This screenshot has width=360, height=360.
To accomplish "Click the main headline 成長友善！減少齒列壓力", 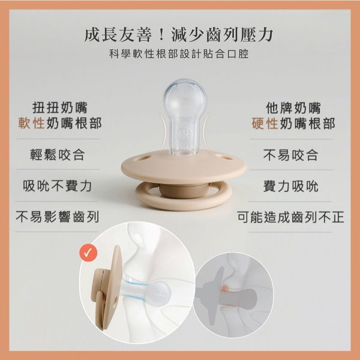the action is pyautogui.click(x=179, y=35).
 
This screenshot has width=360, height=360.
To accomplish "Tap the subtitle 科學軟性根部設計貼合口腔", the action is pyautogui.click(x=179, y=54).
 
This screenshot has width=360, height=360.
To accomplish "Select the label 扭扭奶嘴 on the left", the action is pyautogui.click(x=60, y=107).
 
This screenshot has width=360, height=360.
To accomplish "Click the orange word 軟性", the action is pyautogui.click(x=31, y=123).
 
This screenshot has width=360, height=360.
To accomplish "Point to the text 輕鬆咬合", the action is pyautogui.click(x=58, y=155).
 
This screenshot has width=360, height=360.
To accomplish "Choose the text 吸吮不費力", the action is pyautogui.click(x=58, y=186).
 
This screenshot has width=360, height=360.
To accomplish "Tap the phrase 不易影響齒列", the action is pyautogui.click(x=58, y=217).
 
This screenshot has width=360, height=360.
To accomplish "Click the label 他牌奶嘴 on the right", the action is pyautogui.click(x=293, y=107).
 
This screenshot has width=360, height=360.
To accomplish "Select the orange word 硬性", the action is pyautogui.click(x=265, y=123).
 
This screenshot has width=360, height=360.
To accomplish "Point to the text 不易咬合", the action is pyautogui.click(x=290, y=155).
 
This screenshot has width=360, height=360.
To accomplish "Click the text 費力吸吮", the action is pyautogui.click(x=290, y=186).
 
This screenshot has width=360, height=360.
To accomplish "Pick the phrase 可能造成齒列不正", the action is pyautogui.click(x=290, y=217).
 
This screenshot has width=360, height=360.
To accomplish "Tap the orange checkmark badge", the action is pyautogui.click(x=88, y=253).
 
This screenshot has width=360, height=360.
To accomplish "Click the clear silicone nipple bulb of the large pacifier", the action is pyautogui.click(x=185, y=99).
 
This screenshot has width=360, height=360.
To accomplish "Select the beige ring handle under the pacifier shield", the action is pyautogui.click(x=183, y=197).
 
